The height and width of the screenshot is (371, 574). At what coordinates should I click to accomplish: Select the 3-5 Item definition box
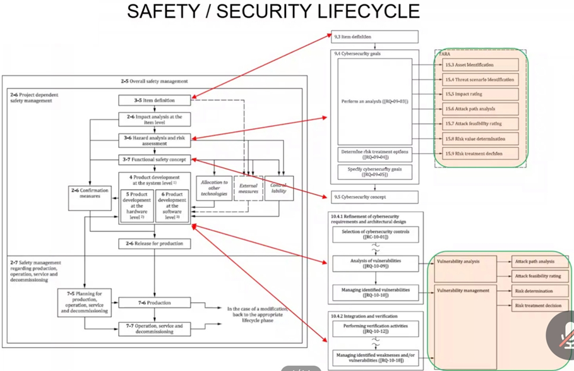click(x=155, y=100)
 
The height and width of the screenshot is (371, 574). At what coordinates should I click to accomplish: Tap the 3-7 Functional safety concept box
click(x=155, y=160)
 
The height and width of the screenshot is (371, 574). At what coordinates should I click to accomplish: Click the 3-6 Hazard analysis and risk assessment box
click(x=155, y=140)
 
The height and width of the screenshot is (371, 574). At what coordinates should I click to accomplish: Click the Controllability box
click(x=278, y=188)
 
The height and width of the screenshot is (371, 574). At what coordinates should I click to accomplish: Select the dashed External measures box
click(x=249, y=188)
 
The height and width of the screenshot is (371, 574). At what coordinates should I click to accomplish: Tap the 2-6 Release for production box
click(x=155, y=243)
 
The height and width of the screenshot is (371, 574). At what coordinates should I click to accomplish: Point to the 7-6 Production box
click(x=155, y=303)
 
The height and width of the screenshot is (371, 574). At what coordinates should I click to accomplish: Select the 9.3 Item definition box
click(x=375, y=37)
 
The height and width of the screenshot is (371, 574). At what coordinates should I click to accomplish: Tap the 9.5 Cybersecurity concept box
click(x=375, y=197)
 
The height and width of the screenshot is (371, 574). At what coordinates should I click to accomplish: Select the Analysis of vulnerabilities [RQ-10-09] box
click(x=376, y=263)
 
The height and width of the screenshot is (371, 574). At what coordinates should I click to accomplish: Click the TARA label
click(x=445, y=54)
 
